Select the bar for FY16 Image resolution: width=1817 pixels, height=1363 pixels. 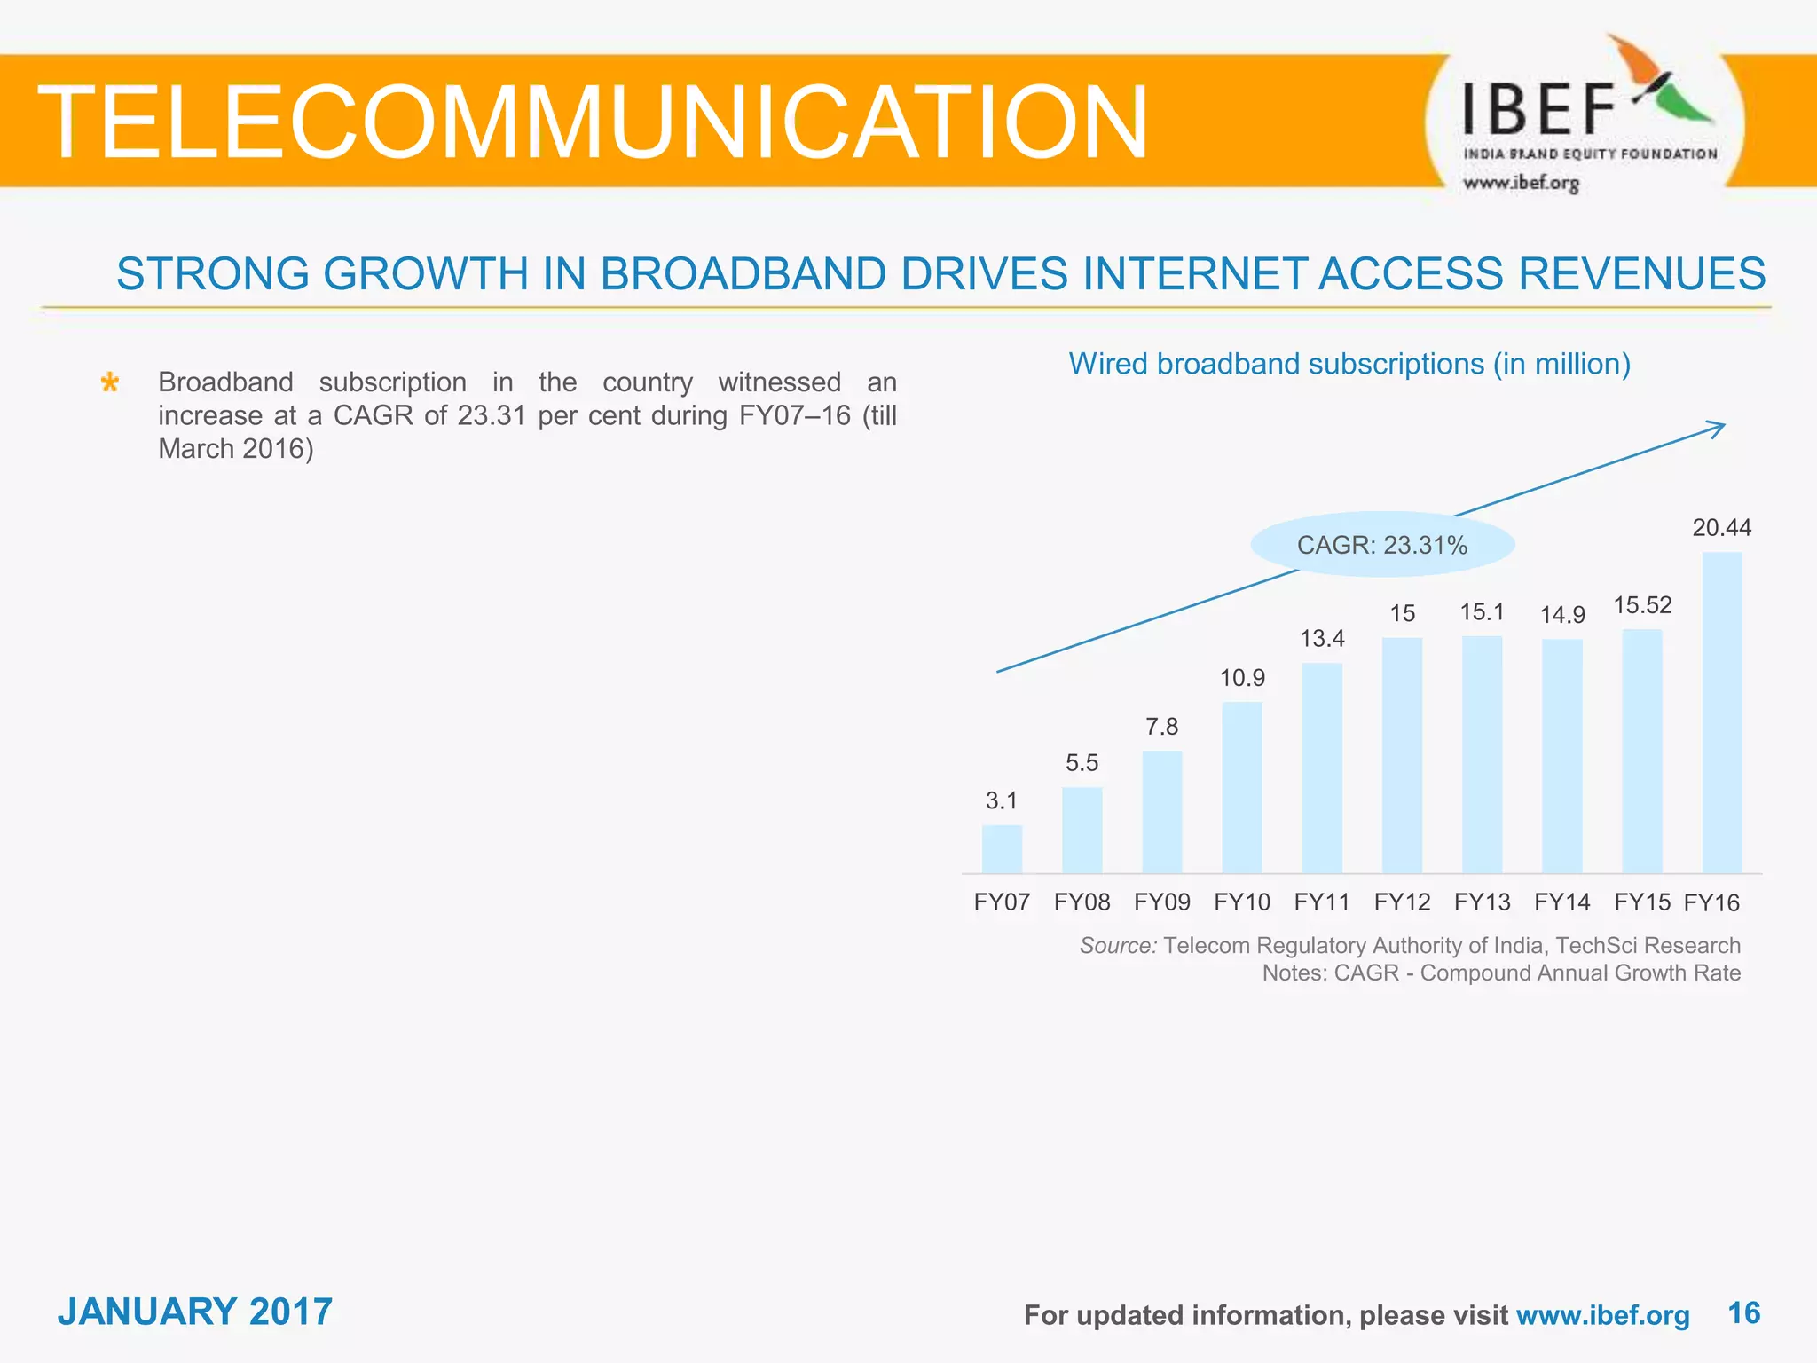coord(1722,713)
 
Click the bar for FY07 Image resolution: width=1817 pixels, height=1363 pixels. coord(1002,849)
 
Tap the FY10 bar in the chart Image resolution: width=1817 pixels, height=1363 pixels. coord(1242,788)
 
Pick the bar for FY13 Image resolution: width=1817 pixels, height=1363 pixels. coord(1482,755)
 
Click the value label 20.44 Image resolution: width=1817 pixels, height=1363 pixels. coord(1721,528)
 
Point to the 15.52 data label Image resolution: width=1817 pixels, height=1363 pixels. coord(1642,605)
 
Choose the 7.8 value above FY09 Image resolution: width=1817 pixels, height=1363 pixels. coord(1161,727)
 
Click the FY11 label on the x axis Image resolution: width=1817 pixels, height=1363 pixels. coord(1322,902)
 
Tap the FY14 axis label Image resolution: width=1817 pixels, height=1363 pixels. coord(1562,902)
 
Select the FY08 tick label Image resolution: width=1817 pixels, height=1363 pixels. coord(1082,902)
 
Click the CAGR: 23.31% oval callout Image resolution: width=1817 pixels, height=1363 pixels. coord(1382,545)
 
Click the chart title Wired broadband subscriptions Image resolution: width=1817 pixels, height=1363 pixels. coord(1349,364)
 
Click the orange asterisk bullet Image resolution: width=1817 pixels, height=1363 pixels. coord(110,383)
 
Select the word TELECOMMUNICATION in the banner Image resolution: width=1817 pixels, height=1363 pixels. coord(593,122)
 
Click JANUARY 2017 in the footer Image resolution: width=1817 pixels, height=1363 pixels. coord(195,1312)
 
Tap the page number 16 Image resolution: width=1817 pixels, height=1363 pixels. coord(1744,1312)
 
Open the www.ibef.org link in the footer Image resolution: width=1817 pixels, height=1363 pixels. coord(1602,1315)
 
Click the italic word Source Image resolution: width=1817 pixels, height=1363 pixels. coord(1118,946)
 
